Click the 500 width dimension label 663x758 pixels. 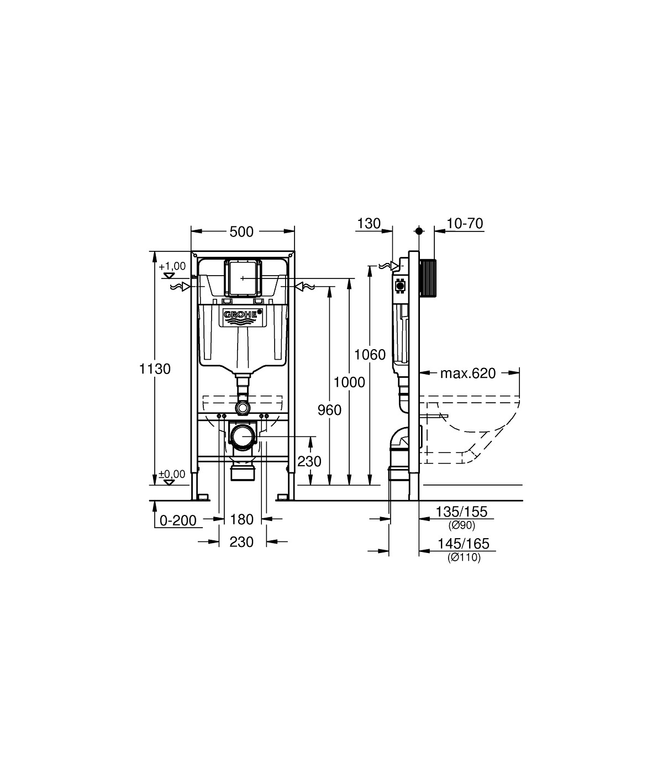pos(241,232)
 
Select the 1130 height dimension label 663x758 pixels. pos(155,369)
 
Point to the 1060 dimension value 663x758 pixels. pos(370,355)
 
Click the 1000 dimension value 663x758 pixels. pos(349,382)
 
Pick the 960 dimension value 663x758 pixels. pos(329,410)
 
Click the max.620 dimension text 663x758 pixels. pos(468,373)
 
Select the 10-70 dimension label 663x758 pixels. pos(465,224)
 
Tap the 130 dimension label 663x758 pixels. pos(369,224)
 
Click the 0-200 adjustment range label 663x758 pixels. pos(178,520)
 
